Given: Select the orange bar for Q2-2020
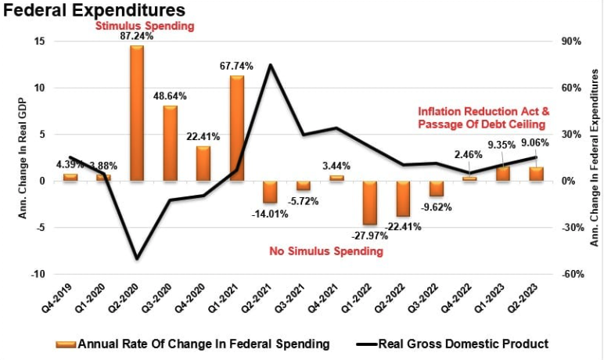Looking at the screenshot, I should (x=137, y=113).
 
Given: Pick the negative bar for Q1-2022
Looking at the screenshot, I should (x=369, y=203).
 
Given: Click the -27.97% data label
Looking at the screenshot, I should (x=368, y=236).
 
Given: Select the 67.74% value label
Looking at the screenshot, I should (x=236, y=67).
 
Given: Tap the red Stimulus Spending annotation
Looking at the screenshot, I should (x=145, y=26).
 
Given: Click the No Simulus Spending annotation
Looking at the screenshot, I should (x=326, y=252).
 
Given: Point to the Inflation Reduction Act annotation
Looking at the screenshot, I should (x=480, y=111).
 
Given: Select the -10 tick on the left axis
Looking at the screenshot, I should (x=35, y=275).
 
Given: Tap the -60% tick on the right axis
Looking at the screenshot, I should (x=571, y=275).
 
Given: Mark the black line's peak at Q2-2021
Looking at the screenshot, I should (x=270, y=65).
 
